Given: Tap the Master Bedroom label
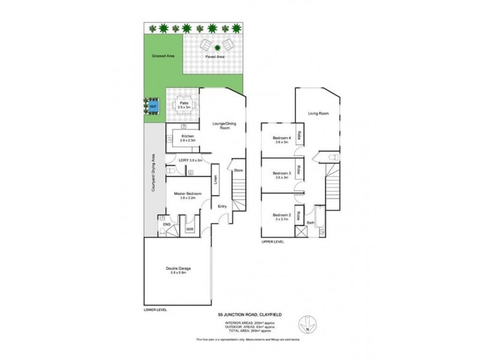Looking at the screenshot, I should click(188, 194).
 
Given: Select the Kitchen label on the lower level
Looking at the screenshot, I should click(188, 137).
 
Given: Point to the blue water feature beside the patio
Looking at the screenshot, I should click(153, 106).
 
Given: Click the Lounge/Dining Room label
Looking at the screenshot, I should click(221, 125).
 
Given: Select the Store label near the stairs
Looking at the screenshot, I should click(238, 170).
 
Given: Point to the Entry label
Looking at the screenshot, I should click(223, 206).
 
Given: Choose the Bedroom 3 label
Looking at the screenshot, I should click(282, 173).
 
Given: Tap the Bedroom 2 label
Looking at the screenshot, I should click(282, 215).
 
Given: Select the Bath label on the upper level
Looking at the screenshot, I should click(311, 223).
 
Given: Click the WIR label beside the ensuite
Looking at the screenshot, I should click(189, 229).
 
